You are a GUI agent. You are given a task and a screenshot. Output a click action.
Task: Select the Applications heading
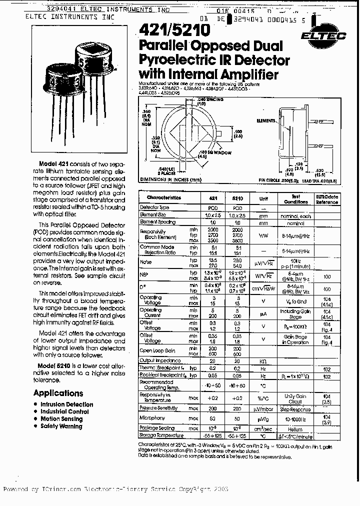58,393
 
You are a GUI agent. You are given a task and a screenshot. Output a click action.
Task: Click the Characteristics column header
164,197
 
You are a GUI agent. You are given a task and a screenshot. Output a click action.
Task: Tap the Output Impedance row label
158,360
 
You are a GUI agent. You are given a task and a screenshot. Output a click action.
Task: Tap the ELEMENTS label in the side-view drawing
265,120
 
